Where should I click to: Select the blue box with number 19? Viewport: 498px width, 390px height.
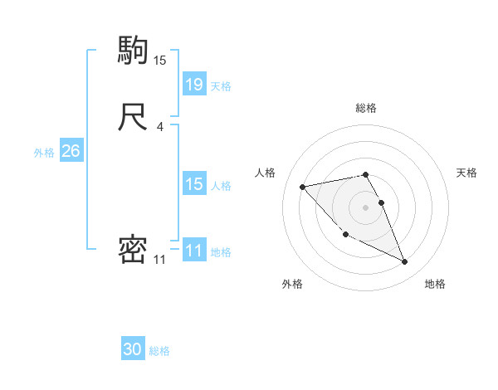[194, 84]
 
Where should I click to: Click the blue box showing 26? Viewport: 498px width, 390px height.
[71, 151]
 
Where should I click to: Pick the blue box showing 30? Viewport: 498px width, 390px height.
[133, 349]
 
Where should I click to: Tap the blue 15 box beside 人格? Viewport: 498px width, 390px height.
[194, 184]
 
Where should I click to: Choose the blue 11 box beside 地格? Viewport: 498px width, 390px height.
[194, 251]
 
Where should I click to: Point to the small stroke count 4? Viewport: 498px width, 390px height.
[160, 127]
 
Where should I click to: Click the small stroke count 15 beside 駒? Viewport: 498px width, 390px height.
[160, 61]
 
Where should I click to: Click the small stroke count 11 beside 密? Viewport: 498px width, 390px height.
[160, 260]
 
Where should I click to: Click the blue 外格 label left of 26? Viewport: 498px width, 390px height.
[44, 153]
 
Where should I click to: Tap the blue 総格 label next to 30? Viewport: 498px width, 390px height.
[160, 351]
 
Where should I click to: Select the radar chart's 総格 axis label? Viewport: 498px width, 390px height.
[366, 108]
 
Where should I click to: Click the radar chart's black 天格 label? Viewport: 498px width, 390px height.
[466, 173]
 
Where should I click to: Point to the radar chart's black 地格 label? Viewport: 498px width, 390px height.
[435, 285]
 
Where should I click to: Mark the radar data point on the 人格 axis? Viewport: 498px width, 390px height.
[303, 186]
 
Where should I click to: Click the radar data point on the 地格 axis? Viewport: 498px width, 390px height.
[405, 262]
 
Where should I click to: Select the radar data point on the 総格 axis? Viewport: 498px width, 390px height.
[366, 174]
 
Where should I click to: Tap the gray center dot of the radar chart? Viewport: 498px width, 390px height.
[366, 207]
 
